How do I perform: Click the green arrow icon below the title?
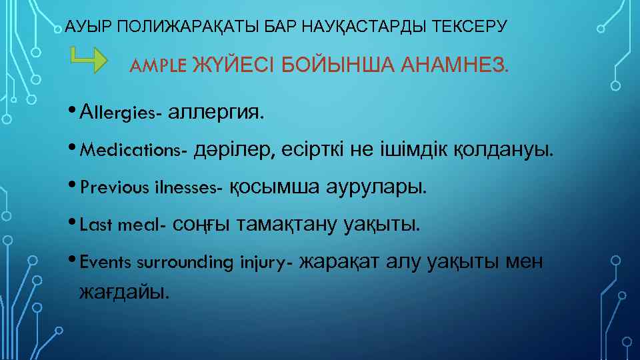[x=89, y=60]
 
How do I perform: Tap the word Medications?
[x=132, y=151]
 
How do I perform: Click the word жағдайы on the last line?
[x=123, y=291]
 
